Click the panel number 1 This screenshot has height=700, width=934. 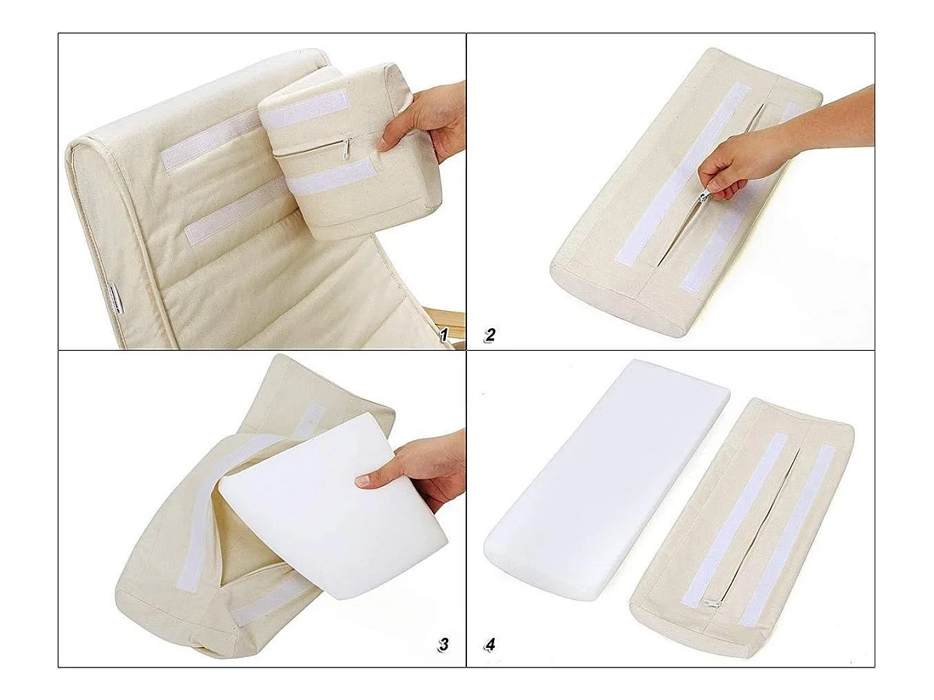tap(443, 336)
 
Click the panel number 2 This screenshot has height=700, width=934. tap(490, 335)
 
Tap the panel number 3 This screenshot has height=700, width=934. tap(443, 644)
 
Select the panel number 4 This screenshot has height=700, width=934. tap(490, 645)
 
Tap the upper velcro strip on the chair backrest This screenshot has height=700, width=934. tap(209, 141)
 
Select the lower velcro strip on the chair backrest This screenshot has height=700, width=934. tap(235, 212)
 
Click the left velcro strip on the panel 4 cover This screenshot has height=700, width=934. tap(735, 520)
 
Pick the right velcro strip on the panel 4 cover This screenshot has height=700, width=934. tap(788, 536)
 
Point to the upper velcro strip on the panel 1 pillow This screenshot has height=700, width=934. tap(305, 110)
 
